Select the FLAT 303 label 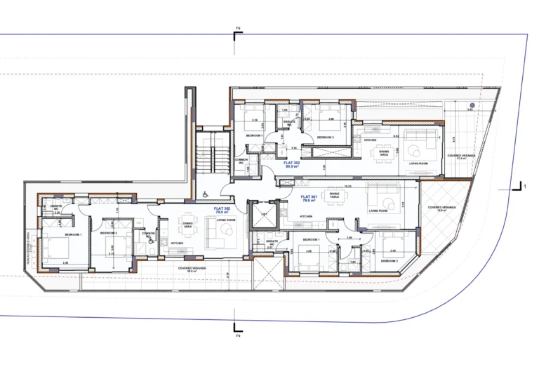pos(293,163)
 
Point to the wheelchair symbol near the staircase pos(206,194)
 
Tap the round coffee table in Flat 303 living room pos(414,149)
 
